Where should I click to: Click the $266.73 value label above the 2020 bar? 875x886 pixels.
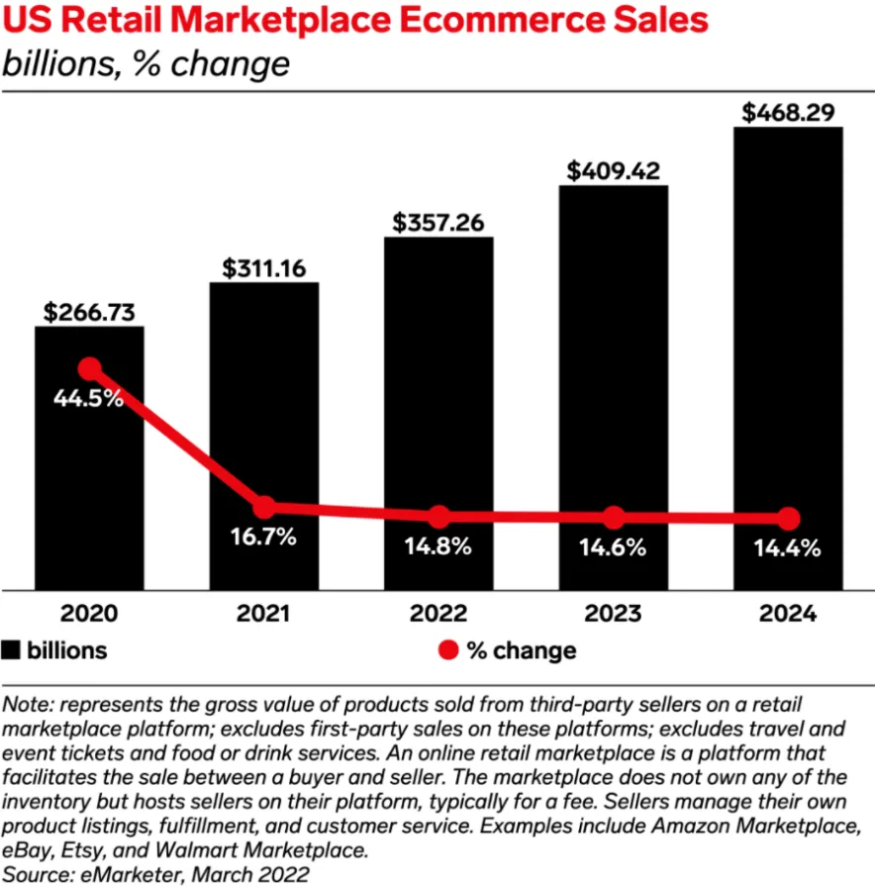tap(89, 312)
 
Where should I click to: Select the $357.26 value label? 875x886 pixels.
tap(438, 223)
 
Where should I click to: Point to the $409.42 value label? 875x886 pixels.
tap(613, 170)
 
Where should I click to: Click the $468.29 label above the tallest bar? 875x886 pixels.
tap(788, 112)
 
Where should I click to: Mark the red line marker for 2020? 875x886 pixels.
tap(90, 369)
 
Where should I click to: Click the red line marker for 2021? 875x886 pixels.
tap(264, 508)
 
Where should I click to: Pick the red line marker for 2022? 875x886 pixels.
tap(438, 517)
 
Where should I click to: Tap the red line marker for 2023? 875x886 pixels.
tap(614, 518)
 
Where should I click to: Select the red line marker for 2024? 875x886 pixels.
tap(788, 519)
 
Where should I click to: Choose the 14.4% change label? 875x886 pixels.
tap(788, 547)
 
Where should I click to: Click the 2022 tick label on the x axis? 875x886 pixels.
tap(438, 613)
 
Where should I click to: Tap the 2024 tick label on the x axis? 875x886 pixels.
tap(788, 613)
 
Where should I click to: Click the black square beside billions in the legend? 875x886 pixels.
tap(13, 650)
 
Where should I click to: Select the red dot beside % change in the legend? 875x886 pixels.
tap(448, 650)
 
